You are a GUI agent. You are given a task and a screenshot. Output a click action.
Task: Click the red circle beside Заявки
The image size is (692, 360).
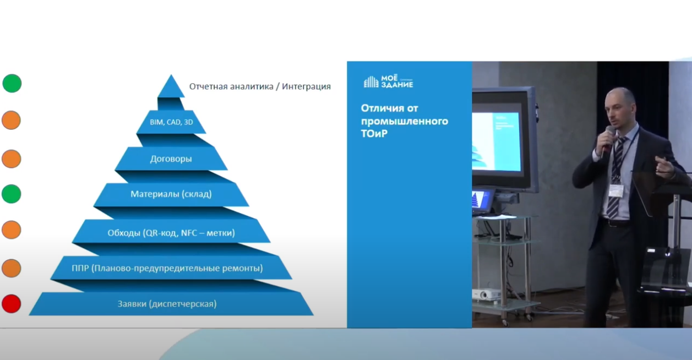pyautogui.click(x=12, y=304)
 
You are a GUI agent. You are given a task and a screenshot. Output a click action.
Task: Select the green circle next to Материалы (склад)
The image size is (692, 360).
pyautogui.click(x=12, y=194)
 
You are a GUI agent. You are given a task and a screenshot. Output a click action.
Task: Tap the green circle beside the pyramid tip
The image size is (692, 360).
pyautogui.click(x=12, y=83)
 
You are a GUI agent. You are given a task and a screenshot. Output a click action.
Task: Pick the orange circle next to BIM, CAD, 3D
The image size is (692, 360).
pyautogui.click(x=12, y=120)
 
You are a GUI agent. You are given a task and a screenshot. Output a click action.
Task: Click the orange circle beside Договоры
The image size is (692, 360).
pyautogui.click(x=12, y=159)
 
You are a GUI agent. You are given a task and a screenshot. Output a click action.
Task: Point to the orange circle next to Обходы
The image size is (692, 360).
pyautogui.click(x=12, y=230)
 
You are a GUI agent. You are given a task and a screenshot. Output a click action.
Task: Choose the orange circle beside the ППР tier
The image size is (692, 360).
pyautogui.click(x=12, y=268)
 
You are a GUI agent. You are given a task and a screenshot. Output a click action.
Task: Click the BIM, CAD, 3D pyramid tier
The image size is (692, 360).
pyautogui.click(x=171, y=122)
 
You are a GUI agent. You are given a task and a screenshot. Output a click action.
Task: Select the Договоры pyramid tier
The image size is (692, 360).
pyautogui.click(x=171, y=159)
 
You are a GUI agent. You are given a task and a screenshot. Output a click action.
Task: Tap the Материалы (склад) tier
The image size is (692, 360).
pyautogui.click(x=171, y=194)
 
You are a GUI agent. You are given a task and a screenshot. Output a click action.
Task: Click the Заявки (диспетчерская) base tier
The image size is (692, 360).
pyautogui.click(x=171, y=304)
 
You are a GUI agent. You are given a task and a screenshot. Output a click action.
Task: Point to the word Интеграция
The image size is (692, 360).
pyautogui.click(x=306, y=86)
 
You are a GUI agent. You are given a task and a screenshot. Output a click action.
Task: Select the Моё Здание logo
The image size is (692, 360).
pyautogui.click(x=388, y=81)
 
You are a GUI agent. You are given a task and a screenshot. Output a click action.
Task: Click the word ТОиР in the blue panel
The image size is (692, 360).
pyautogui.click(x=374, y=134)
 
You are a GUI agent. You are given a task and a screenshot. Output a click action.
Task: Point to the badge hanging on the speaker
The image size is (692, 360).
pyautogui.click(x=616, y=190)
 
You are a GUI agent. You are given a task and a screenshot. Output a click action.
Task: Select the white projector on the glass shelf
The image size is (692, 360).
pyautogui.click(x=486, y=294)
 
